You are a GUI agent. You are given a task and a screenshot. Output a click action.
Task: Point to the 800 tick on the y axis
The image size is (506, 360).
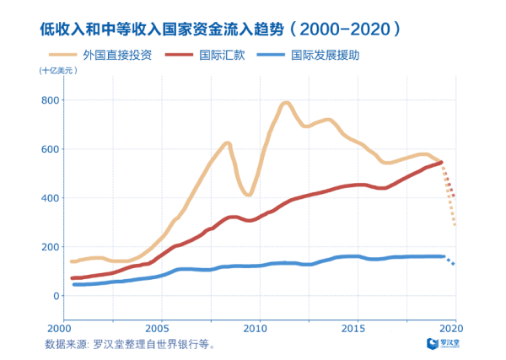(50, 100)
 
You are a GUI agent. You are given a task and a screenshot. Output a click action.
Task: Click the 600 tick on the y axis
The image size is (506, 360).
(50, 149)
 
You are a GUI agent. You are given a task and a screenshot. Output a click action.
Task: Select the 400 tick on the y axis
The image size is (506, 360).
(50, 198)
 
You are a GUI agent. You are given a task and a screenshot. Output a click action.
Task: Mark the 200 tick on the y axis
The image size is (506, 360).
(50, 247)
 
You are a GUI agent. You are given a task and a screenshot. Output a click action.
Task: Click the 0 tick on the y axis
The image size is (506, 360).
(56, 296)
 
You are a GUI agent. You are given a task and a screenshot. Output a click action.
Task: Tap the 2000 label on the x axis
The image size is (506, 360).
(59, 327)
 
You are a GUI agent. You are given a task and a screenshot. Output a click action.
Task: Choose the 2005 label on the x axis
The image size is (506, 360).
(158, 327)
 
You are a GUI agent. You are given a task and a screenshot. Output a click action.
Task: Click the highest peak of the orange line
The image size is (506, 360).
(286, 104)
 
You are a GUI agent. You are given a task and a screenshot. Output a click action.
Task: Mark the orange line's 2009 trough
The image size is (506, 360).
(247, 194)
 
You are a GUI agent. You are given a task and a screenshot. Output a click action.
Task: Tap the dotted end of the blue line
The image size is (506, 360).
(451, 262)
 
